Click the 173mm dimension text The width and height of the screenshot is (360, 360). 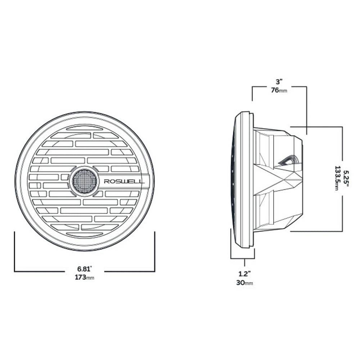pos(85,277)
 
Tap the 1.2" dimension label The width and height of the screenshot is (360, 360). pos(244,274)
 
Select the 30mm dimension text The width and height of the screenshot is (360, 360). pos(244,283)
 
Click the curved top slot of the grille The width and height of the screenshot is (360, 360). pos(85,128)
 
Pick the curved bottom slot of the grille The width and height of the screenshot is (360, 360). pos(85,234)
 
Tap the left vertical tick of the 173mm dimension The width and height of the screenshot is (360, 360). pos(14,252)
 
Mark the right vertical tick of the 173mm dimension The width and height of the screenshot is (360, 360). pos(155,252)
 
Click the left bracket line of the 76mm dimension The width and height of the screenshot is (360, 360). pos(252,94)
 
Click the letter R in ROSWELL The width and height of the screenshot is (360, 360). pos(106,181)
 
